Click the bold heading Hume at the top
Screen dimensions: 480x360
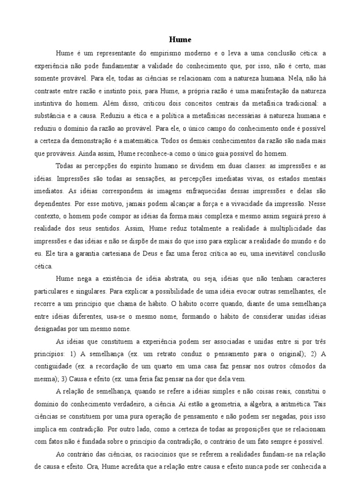coord(180,39)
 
